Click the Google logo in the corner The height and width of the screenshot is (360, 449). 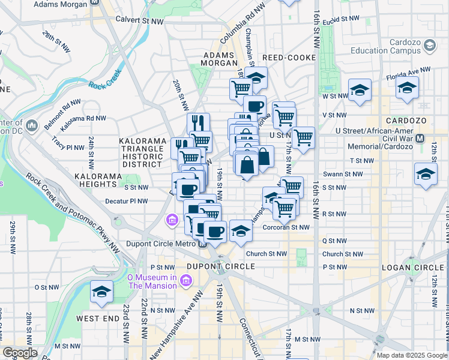click(20, 353)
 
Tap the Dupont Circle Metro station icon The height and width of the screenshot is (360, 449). click(203, 244)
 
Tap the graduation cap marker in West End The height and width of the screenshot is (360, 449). click(101, 292)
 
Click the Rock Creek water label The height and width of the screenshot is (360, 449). click(105, 85)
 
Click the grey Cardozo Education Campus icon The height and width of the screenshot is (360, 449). click(429, 45)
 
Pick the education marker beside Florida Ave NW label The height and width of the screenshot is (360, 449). click(407, 88)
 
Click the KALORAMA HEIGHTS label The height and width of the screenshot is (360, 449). click(98, 176)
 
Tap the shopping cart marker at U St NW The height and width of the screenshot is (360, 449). click(303, 137)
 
